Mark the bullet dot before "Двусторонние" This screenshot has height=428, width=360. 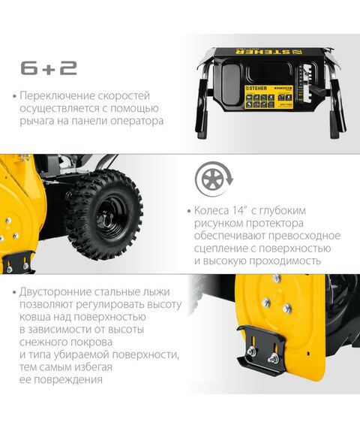pyautogui.click(x=14, y=291)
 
